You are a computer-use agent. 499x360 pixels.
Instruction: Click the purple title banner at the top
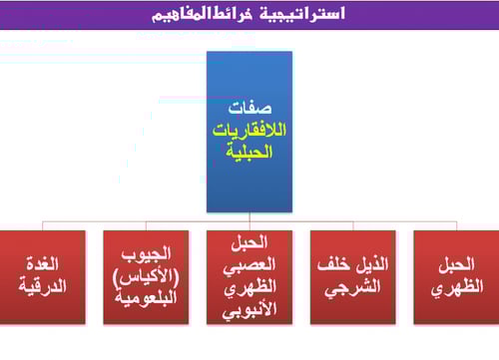pos(249,15)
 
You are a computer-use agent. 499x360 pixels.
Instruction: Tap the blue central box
pos(249,130)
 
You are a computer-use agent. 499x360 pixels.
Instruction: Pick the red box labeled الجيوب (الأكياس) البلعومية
pos(146,276)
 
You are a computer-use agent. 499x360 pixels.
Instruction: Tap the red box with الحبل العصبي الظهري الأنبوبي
pos(249,276)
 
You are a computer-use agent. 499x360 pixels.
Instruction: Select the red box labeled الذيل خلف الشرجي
pos(352,276)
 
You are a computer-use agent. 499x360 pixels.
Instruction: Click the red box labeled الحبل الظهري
pos(456,276)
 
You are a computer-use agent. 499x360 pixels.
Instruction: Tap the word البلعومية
pos(146,295)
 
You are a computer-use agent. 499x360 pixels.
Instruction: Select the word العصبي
pos(249,263)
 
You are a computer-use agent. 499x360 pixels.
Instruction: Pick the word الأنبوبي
pos(249,305)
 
